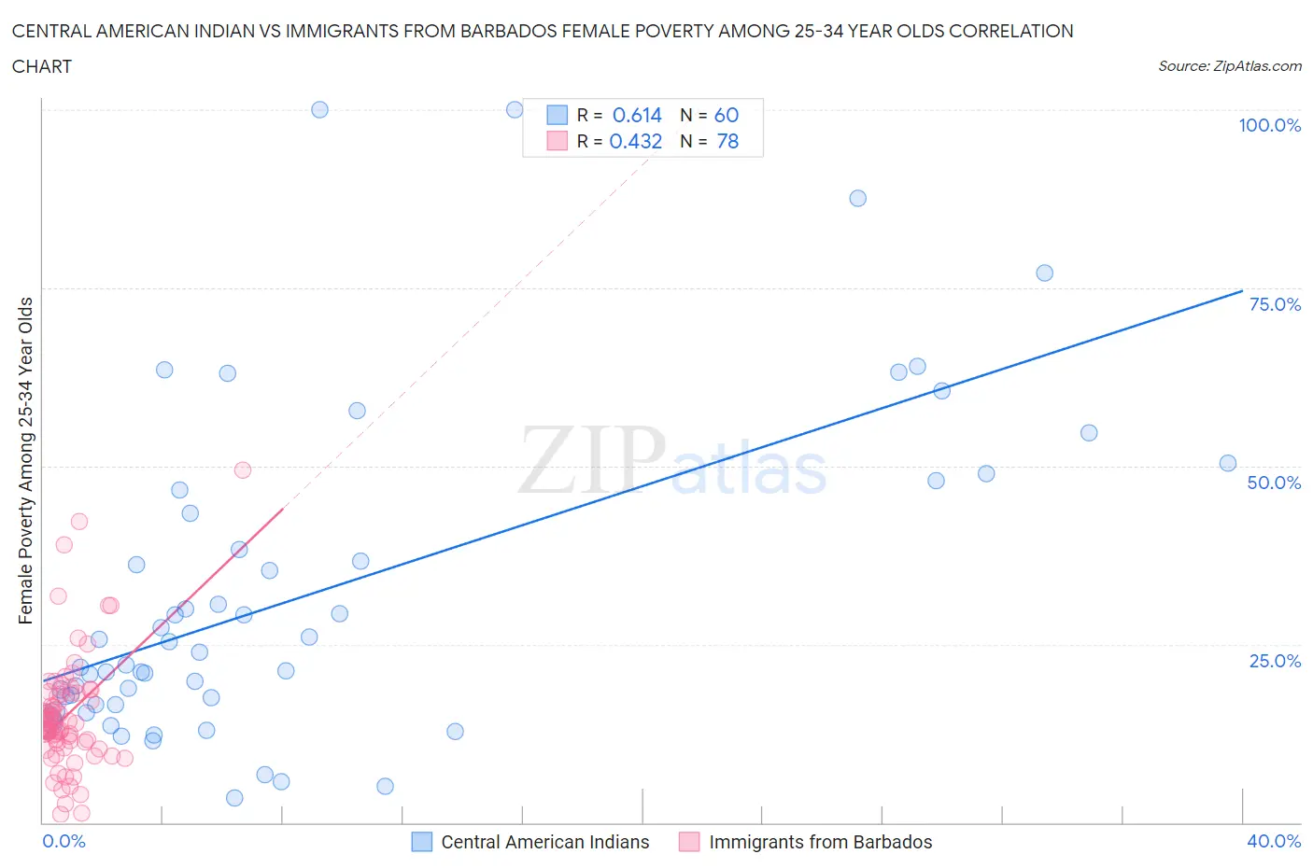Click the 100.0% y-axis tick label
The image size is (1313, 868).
click(x=1269, y=125)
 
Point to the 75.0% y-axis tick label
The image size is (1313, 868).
click(x=1274, y=304)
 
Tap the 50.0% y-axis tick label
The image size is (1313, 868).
click(x=1274, y=483)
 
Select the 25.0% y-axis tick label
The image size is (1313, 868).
click(x=1274, y=661)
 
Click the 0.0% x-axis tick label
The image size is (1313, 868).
click(x=64, y=841)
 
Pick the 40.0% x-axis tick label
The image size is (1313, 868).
click(x=1274, y=841)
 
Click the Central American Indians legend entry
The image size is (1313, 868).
click(x=544, y=842)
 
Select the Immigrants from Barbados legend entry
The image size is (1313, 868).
click(x=820, y=842)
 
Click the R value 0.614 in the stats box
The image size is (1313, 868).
click(x=637, y=115)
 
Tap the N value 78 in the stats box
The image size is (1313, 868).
click(x=727, y=141)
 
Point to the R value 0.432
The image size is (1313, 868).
click(x=636, y=141)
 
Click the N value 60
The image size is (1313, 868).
click(x=727, y=115)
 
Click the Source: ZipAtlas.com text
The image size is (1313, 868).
click(x=1229, y=65)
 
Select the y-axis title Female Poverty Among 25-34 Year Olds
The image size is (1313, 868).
click(x=26, y=460)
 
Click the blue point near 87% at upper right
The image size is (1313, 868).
click(x=857, y=198)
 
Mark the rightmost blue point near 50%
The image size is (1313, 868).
click(x=1228, y=463)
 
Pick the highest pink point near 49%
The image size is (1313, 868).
click(x=243, y=469)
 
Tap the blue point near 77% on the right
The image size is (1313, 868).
click(x=1044, y=273)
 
